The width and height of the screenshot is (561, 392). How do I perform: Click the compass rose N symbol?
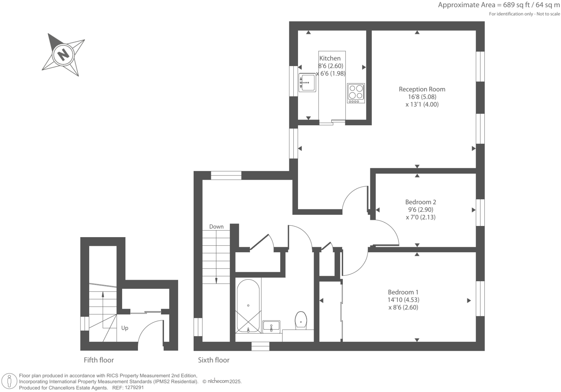[x=63, y=55]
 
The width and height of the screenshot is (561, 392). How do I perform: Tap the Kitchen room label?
[x=330, y=58]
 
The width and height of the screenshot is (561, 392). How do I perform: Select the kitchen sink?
[x=307, y=83]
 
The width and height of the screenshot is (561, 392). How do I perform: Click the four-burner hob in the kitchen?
[x=355, y=93]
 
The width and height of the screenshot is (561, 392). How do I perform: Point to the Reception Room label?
[x=422, y=89]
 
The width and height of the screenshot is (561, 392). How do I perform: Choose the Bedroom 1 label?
[x=403, y=292]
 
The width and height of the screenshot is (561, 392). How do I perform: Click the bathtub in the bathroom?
[x=248, y=306]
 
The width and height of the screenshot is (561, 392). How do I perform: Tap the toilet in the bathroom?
[x=301, y=320]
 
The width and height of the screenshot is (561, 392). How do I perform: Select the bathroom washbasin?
[x=271, y=326]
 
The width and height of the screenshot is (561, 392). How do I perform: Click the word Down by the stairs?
[x=216, y=227]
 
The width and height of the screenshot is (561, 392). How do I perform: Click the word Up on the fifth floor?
[x=125, y=328]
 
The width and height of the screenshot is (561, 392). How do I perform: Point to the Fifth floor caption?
[x=99, y=360]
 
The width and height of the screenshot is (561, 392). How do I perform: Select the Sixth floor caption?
[x=213, y=360]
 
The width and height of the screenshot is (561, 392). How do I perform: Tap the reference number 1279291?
[x=134, y=388]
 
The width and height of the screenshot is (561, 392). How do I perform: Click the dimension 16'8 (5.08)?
[x=422, y=97]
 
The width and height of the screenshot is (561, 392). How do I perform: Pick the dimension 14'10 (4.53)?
[x=403, y=300]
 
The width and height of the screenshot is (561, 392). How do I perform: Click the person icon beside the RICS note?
[x=9, y=381]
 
